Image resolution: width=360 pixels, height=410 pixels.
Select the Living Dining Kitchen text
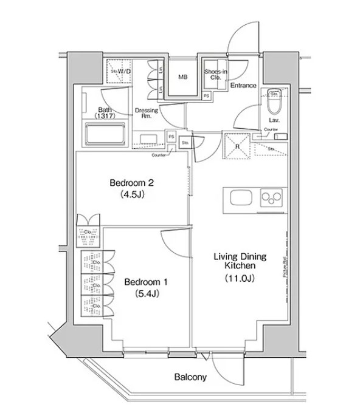coord(240,261)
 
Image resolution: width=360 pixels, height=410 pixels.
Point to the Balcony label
coord(190,377)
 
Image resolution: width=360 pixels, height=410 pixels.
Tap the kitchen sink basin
coord(240,197)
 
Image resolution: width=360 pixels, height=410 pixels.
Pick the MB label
coord(182,77)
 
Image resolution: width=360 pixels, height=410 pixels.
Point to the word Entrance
coord(243,86)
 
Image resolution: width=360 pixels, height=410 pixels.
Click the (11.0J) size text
coord(240,279)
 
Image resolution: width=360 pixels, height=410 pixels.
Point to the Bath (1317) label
coord(105,113)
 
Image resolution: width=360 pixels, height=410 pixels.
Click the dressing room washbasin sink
coord(147,138)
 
